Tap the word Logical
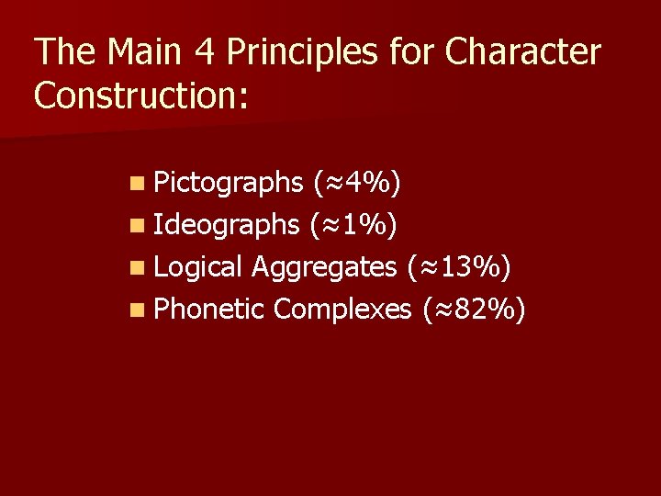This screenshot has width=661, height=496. pos(198,268)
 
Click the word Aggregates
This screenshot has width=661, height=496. pos(322,268)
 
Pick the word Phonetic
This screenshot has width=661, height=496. pos(209,310)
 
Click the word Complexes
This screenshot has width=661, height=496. pos(343,310)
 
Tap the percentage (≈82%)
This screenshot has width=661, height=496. pos(473,310)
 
